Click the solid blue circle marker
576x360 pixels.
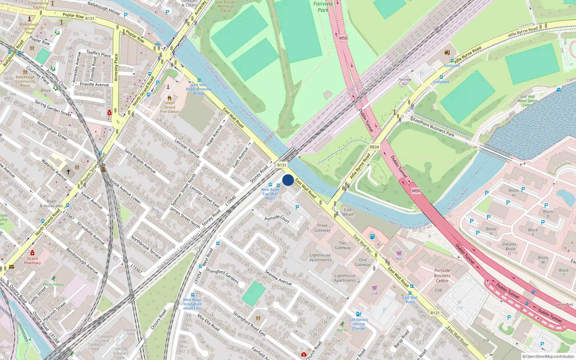288,180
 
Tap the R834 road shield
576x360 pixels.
374,147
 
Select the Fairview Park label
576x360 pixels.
323,7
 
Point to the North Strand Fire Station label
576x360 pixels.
170,107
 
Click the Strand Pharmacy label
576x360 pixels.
32,261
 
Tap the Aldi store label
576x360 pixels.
399,258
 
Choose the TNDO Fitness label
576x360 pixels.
54,284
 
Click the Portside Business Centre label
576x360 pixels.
442,275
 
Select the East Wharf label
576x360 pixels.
348,212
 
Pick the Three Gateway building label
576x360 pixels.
322,228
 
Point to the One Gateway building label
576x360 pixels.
363,262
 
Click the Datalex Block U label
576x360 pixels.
509,248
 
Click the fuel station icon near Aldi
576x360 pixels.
372,237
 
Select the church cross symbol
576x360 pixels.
68,172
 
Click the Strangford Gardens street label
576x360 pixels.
222,276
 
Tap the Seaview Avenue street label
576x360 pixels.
278,277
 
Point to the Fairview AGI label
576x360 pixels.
405,82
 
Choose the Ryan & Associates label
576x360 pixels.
51,204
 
